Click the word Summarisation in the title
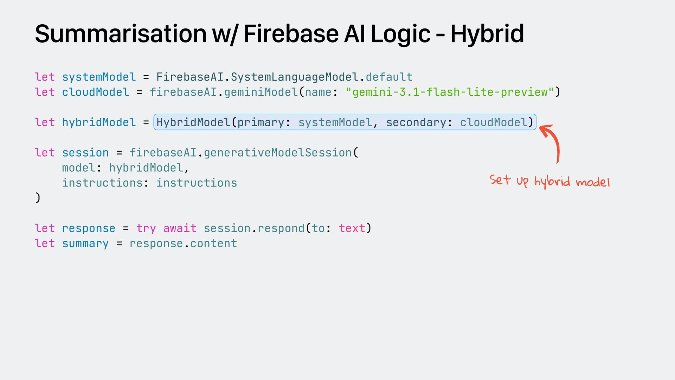pyautogui.click(x=121, y=34)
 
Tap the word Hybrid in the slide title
pyautogui.click(x=487, y=34)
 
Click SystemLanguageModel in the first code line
pyautogui.click(x=295, y=77)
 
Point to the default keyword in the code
pyautogui.click(x=389, y=77)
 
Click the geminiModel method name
pyautogui.click(x=261, y=92)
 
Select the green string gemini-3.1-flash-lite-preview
pyautogui.click(x=450, y=92)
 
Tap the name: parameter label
pyautogui.click(x=321, y=92)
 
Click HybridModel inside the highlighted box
pyautogui.click(x=193, y=122)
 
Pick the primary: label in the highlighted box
pyautogui.click(x=264, y=123)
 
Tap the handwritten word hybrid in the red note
pyautogui.click(x=552, y=182)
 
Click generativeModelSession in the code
pyautogui.click(x=278, y=153)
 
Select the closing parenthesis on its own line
pyautogui.click(x=38, y=198)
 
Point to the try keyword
pyautogui.click(x=146, y=229)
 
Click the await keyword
pyautogui.click(x=180, y=228)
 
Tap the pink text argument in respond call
pyautogui.click(x=352, y=228)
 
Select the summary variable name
pyautogui.click(x=85, y=244)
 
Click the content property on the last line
pyautogui.click(x=214, y=243)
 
